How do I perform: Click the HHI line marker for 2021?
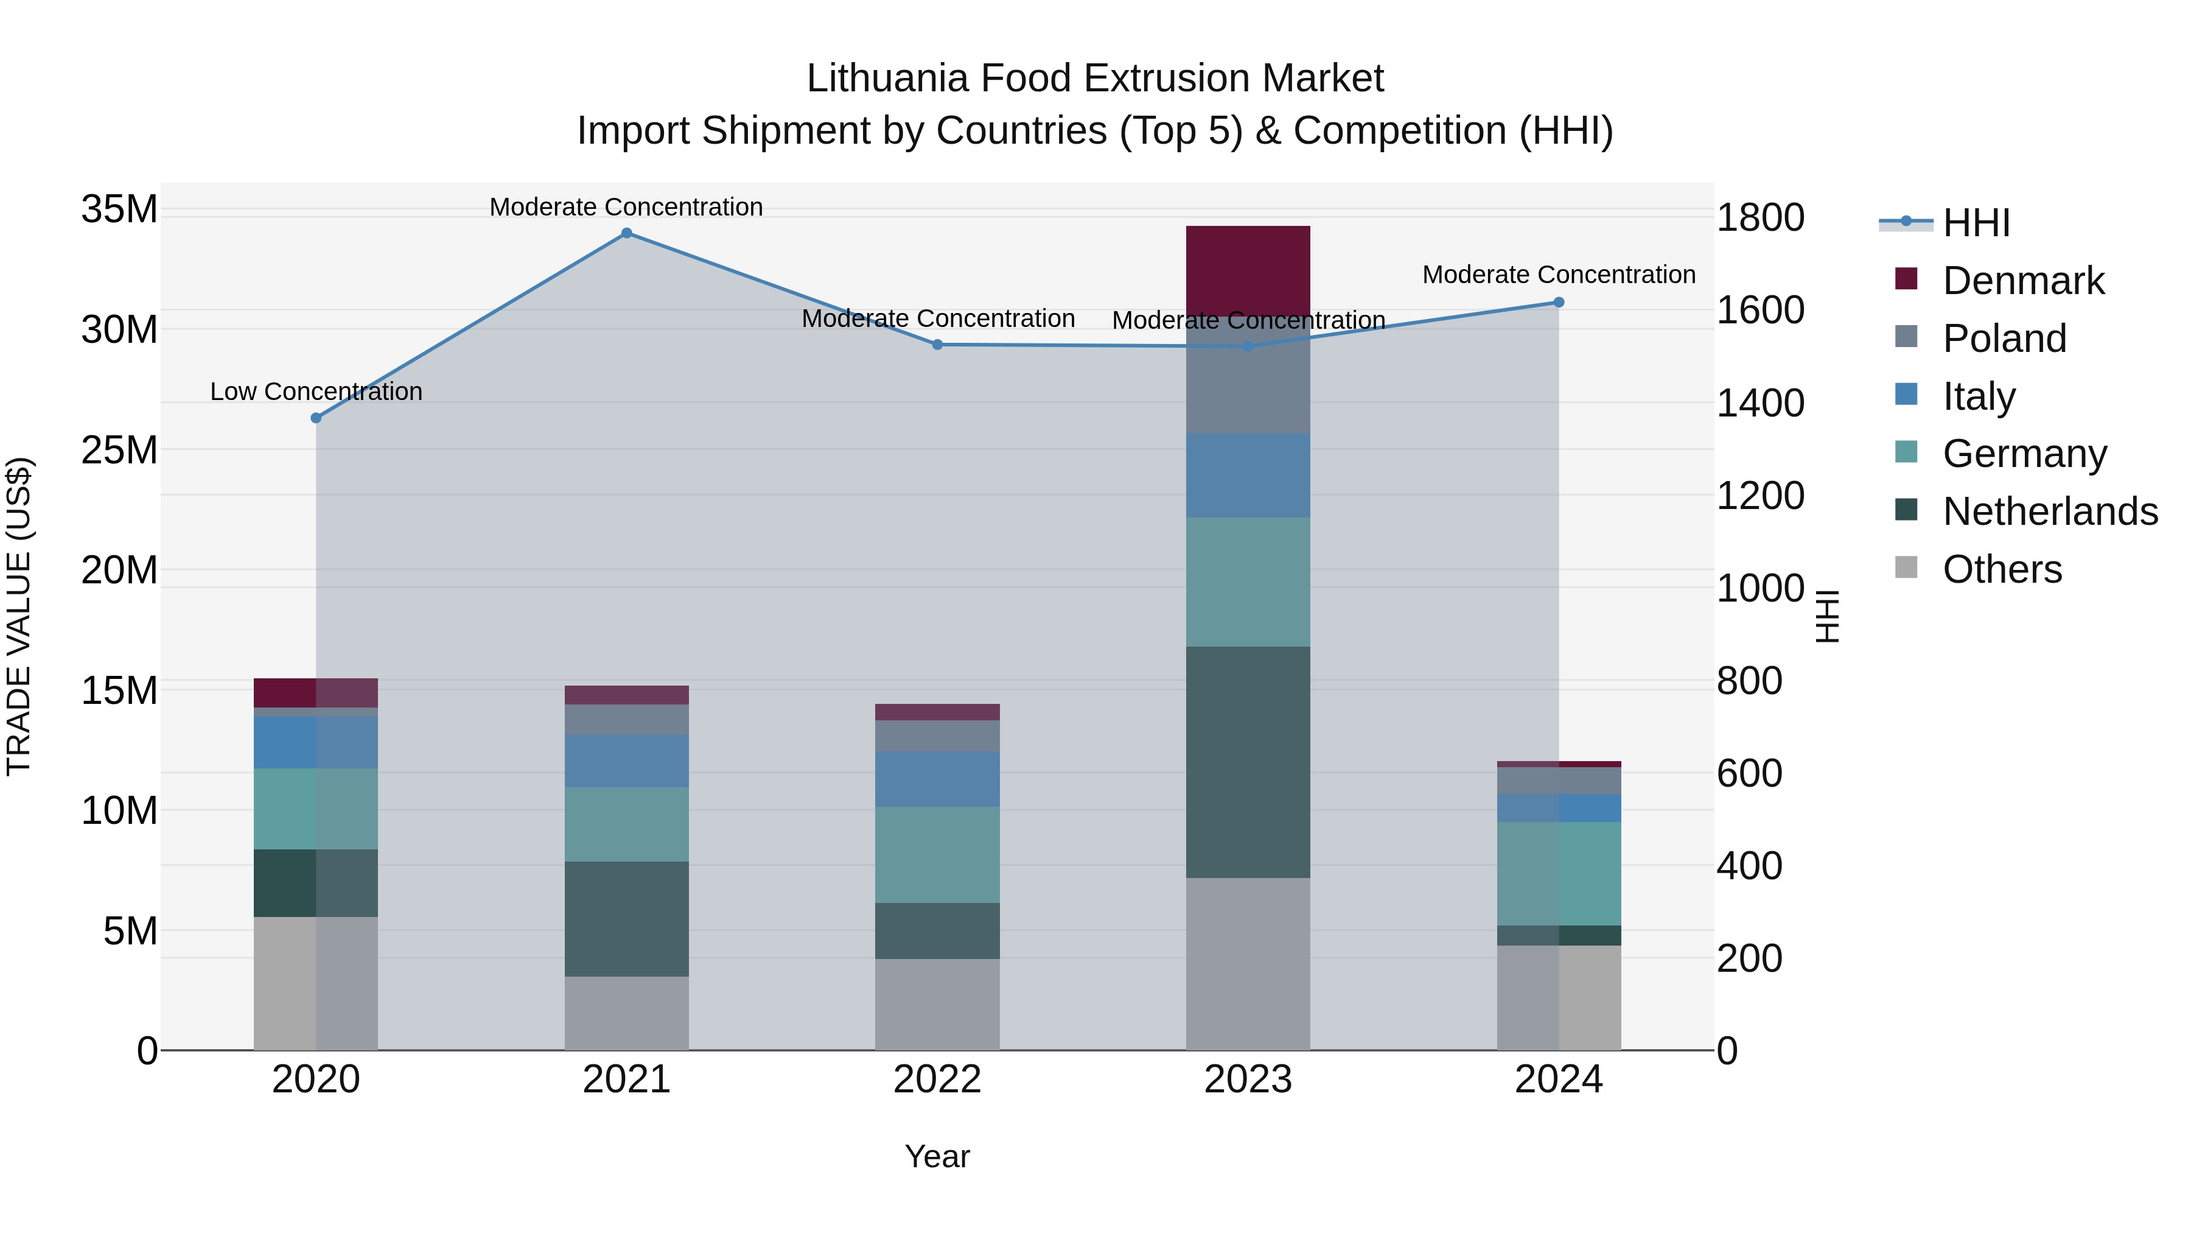(626, 233)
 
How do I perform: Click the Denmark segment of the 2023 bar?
(1248, 270)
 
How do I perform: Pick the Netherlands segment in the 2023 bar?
(1248, 762)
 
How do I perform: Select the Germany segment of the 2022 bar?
(937, 854)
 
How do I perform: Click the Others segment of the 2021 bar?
(626, 1013)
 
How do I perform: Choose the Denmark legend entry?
(2022, 281)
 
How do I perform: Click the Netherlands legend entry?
(2050, 511)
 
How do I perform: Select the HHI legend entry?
(1976, 223)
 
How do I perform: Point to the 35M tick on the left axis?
(119, 209)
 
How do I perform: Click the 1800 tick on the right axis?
(1759, 218)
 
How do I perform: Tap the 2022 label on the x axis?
(937, 1080)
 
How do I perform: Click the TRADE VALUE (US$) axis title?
(19, 616)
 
